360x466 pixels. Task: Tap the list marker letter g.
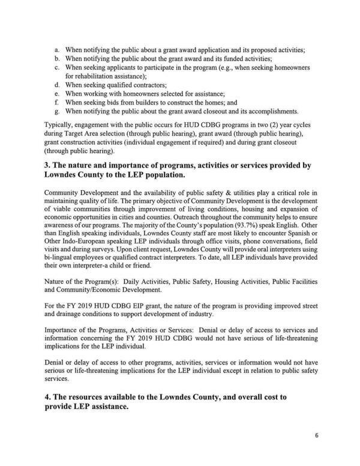pyautogui.click(x=56, y=112)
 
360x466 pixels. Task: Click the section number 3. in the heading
pyautogui.click(x=49, y=167)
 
